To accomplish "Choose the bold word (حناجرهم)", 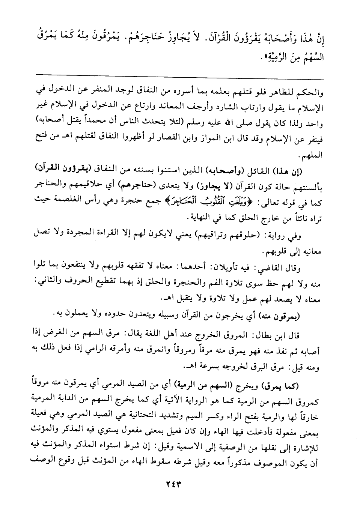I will pos(133,182).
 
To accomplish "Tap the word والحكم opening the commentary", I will pos(308,92).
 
